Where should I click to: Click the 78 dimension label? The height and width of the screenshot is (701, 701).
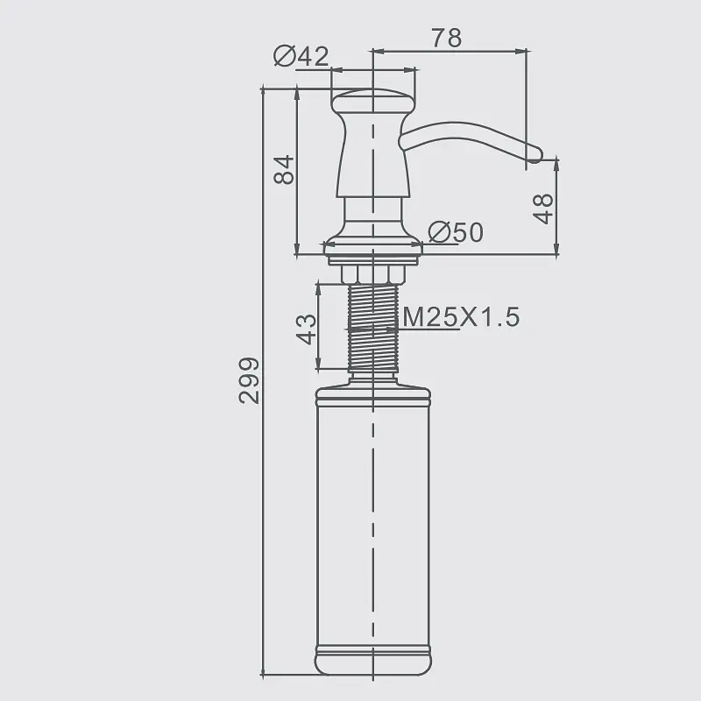(x=447, y=38)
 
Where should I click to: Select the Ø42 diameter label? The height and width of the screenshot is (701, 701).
(x=301, y=56)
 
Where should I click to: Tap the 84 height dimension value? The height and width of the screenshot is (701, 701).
(x=284, y=170)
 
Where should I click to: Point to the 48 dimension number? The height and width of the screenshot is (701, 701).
(x=543, y=209)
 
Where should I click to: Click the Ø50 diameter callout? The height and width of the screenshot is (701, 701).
(x=456, y=232)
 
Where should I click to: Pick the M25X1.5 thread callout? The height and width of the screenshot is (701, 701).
(x=462, y=317)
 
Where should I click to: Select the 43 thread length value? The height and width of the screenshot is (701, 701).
(x=307, y=329)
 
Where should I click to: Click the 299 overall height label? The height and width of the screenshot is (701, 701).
(x=249, y=380)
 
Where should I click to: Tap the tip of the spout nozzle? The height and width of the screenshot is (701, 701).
(x=535, y=155)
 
